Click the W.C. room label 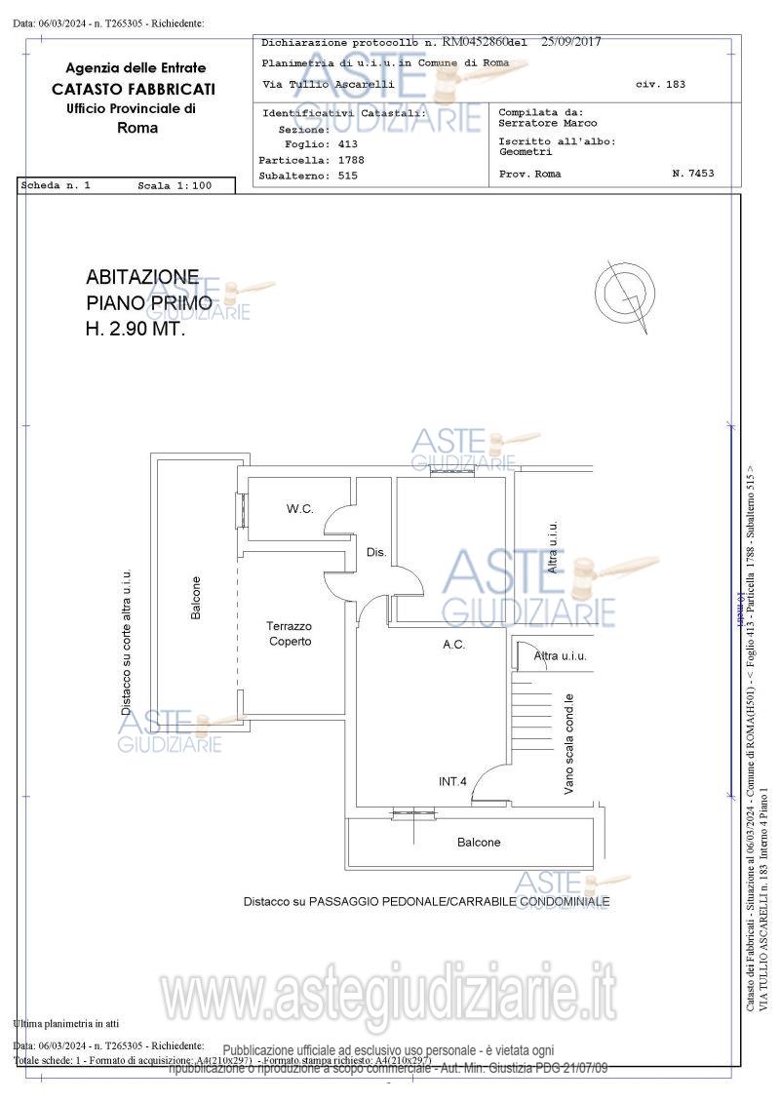click(x=299, y=509)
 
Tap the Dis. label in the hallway click(x=376, y=553)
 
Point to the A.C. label click(x=453, y=645)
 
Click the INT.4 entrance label click(x=452, y=781)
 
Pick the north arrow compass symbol click(x=621, y=293)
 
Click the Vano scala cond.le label click(x=568, y=744)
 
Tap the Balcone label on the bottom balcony click(x=479, y=842)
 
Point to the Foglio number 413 click(x=347, y=144)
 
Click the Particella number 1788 click(x=351, y=160)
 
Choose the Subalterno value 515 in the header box click(x=347, y=176)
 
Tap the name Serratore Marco click(x=548, y=124)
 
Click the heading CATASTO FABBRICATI click(x=135, y=89)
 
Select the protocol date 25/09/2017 click(x=570, y=42)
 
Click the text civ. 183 click(x=660, y=85)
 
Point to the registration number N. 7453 click(x=693, y=174)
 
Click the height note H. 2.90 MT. click(x=136, y=330)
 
